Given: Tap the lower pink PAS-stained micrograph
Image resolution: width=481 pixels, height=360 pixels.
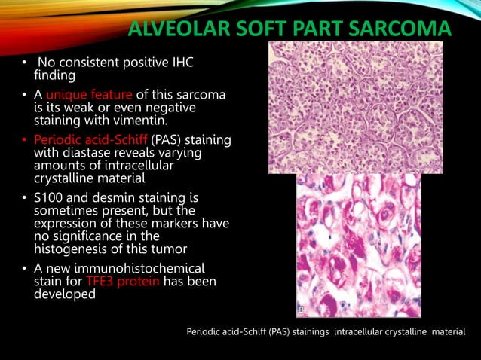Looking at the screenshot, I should [358, 245].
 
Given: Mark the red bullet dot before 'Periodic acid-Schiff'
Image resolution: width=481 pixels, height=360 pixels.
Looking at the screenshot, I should [24, 141].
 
